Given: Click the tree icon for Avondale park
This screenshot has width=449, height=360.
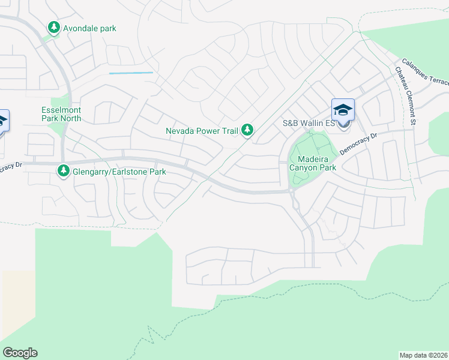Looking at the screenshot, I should coord(54,28).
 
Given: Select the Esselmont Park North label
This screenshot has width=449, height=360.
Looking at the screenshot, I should coord(61,114).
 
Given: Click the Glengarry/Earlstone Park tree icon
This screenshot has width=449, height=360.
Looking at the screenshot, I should coord(64,172).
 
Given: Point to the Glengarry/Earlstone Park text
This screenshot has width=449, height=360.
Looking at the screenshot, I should coord(119,172).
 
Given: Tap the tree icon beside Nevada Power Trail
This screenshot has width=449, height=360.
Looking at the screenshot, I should coord(247,130).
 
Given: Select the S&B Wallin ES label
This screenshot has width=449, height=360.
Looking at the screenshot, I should coord(307,124).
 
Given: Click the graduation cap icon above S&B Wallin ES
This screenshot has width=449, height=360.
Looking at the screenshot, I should coord(343,109).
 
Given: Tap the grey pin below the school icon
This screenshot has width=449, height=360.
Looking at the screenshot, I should coord(343,125).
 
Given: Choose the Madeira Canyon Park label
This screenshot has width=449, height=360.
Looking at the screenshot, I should coord(313,163).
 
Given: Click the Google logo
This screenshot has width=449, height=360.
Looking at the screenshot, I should coord(20,353).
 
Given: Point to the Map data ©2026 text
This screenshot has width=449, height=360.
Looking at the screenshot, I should coord(423,355).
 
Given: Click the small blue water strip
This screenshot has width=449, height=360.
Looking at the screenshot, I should coord(131,73).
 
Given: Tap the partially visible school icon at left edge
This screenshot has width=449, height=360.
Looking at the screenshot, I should coord(3,121).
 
